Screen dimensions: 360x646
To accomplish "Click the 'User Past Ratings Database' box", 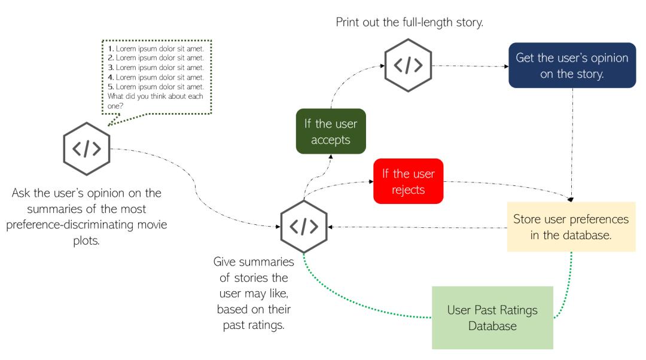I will tap(492, 318).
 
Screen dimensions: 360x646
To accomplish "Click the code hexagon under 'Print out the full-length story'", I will tap(407, 65).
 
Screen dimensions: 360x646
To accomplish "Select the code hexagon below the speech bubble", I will tap(86, 148).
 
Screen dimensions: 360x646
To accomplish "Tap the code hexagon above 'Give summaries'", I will tap(304, 228).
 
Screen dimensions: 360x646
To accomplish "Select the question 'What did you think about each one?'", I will tap(150, 100).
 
